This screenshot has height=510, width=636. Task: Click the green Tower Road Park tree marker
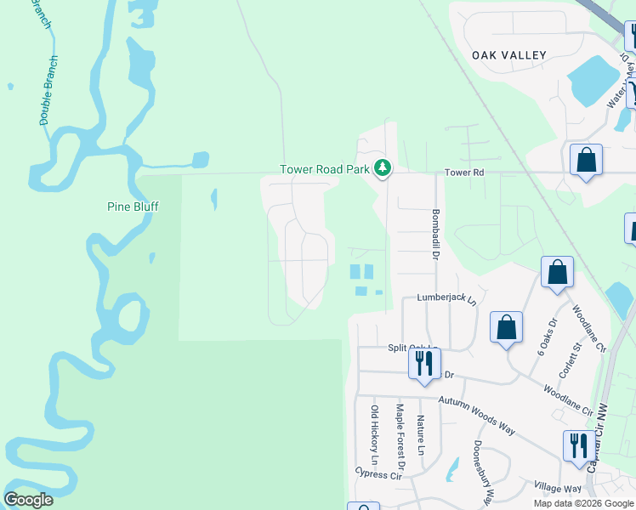pos(383,167)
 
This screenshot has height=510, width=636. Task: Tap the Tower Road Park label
pos(326,169)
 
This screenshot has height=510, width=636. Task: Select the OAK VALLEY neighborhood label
pos(509,55)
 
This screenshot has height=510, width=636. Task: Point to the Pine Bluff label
pos(133,207)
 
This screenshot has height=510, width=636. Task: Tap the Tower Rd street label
pos(464,173)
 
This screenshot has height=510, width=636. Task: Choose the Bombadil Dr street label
pos(434,229)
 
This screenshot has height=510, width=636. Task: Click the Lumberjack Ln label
pos(446,299)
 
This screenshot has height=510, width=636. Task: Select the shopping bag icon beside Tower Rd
pos(587,160)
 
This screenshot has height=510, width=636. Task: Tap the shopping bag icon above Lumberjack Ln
pos(558,273)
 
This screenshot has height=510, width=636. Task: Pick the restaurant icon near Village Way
pos(577,445)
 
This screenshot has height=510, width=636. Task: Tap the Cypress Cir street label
pos(378,476)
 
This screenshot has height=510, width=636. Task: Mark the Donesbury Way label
pos(482,473)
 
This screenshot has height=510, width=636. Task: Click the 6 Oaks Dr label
pos(544,336)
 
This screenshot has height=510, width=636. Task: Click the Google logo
pos(28,500)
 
